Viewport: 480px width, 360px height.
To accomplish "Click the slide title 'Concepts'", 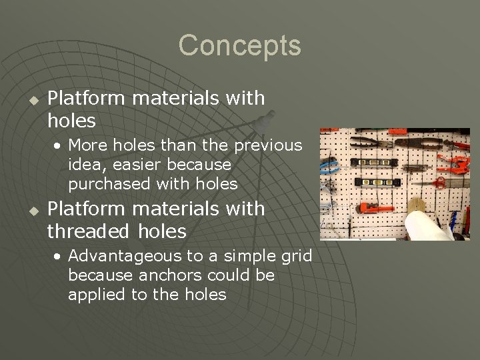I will [x=239, y=46].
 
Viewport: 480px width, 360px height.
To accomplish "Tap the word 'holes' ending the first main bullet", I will [x=71, y=121].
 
